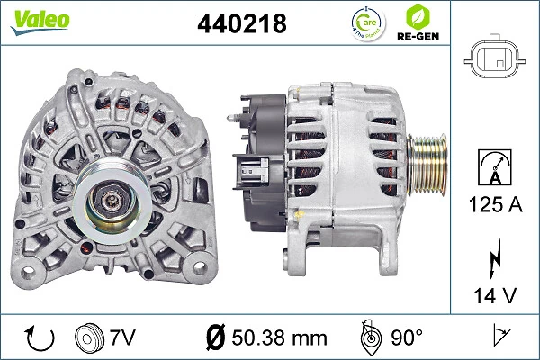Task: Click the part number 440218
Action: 241,24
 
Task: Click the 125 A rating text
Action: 493,206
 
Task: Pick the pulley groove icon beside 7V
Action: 88,338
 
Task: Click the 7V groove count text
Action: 123,338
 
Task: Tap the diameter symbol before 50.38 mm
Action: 216,338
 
